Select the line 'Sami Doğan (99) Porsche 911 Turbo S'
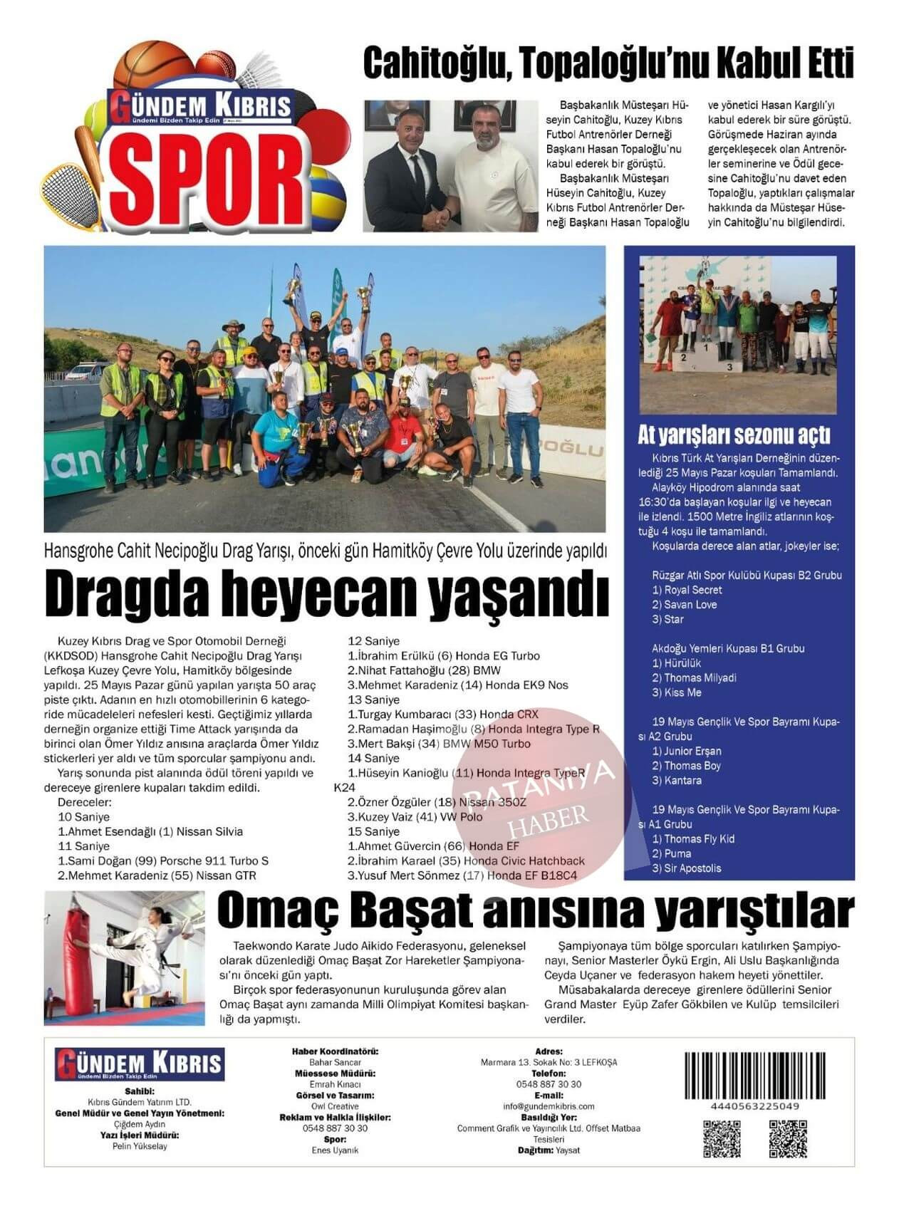[x=163, y=861]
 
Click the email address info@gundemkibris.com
[x=549, y=1106]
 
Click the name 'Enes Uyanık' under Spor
[x=335, y=1150]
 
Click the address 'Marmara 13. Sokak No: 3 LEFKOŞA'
[x=549, y=1062]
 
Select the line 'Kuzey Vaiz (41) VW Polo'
[x=415, y=816]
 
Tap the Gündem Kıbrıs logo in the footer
[x=139, y=1064]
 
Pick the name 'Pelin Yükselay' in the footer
[x=140, y=1146]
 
